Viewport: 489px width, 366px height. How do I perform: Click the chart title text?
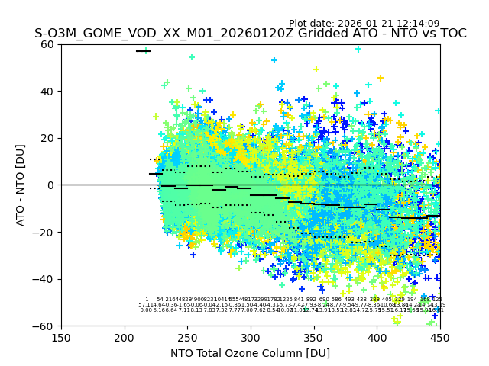[x=250, y=34]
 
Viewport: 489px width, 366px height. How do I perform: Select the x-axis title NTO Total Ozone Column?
[x=250, y=353]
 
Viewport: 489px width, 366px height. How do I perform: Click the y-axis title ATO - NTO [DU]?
[x=21, y=185]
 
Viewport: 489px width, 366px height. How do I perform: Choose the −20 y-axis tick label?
[x=45, y=232]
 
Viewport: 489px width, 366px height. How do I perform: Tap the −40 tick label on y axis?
[x=45, y=279]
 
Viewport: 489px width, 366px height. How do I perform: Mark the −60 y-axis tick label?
[x=45, y=326]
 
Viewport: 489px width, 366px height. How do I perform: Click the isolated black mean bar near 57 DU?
[x=143, y=51]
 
